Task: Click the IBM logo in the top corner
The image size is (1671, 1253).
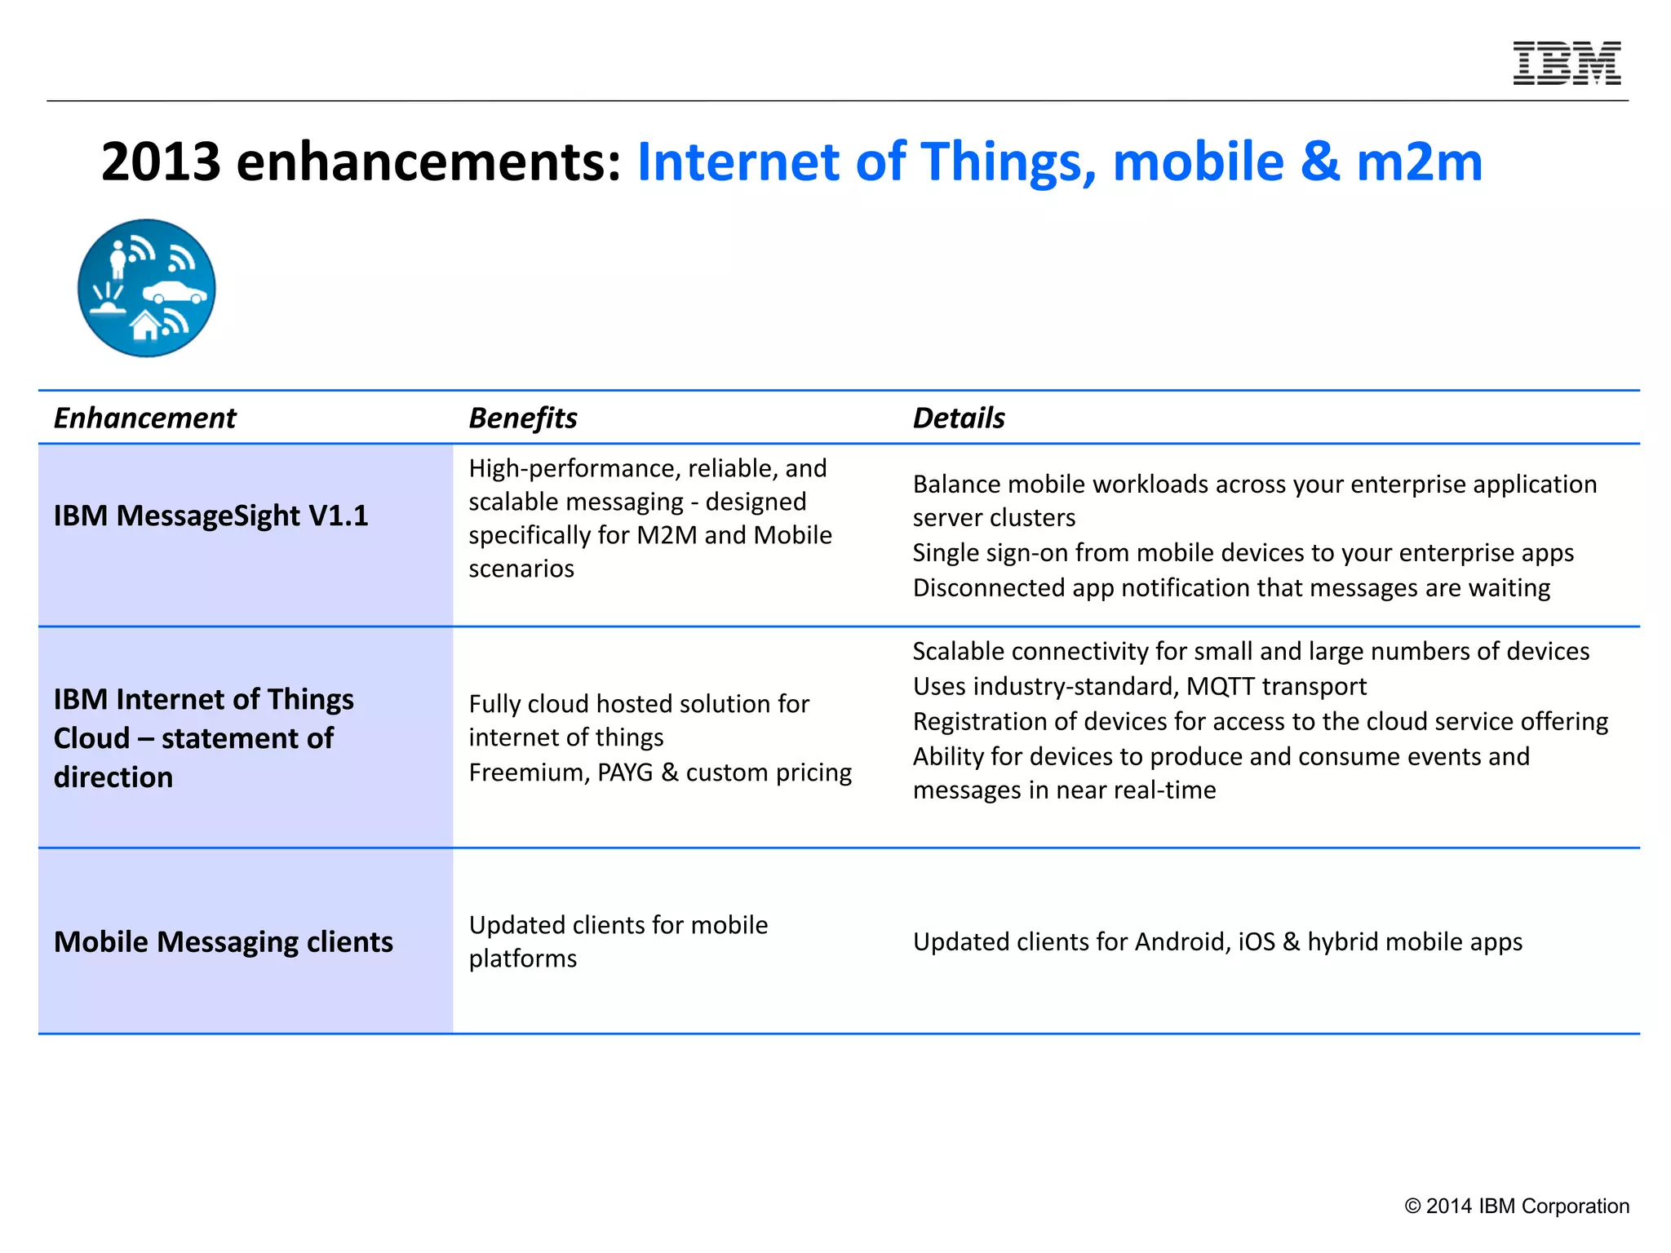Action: (x=1567, y=63)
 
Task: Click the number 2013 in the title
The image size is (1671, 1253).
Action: (x=161, y=162)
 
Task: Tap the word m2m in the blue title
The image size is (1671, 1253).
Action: (x=1419, y=162)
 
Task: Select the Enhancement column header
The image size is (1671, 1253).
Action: (x=144, y=418)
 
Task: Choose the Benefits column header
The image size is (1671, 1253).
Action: (x=522, y=418)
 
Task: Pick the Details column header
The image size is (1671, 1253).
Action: (x=958, y=418)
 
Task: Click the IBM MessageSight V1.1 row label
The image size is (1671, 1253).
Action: (x=211, y=516)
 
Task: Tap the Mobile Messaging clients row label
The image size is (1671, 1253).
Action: (x=223, y=941)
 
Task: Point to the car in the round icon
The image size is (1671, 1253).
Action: (x=174, y=292)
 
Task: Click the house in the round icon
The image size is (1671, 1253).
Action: (x=146, y=325)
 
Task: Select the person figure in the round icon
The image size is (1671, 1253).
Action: (x=118, y=259)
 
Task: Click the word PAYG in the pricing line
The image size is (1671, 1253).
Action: (x=625, y=772)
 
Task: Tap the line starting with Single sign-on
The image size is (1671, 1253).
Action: (x=1243, y=552)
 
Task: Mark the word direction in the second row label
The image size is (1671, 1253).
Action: (x=113, y=777)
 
